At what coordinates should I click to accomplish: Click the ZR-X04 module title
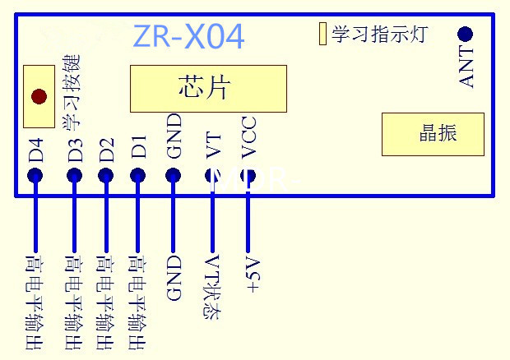[188, 36]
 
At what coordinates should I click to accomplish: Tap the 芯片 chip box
[208, 89]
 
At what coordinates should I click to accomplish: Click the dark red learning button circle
[38, 96]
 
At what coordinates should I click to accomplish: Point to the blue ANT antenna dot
[466, 34]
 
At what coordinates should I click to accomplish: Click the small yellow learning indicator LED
[322, 34]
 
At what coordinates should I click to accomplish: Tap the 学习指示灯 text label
[379, 35]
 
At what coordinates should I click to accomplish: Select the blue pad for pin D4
[35, 175]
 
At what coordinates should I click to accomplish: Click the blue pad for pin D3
[75, 175]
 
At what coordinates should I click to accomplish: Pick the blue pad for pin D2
[105, 175]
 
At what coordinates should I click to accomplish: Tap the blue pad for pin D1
[138, 175]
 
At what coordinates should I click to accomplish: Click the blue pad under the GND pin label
[174, 175]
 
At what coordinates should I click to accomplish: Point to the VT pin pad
[211, 175]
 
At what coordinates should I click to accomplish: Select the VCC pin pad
[248, 175]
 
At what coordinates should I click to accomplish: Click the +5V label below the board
[253, 275]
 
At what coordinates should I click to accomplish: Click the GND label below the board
[174, 279]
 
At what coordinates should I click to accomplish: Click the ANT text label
[466, 68]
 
